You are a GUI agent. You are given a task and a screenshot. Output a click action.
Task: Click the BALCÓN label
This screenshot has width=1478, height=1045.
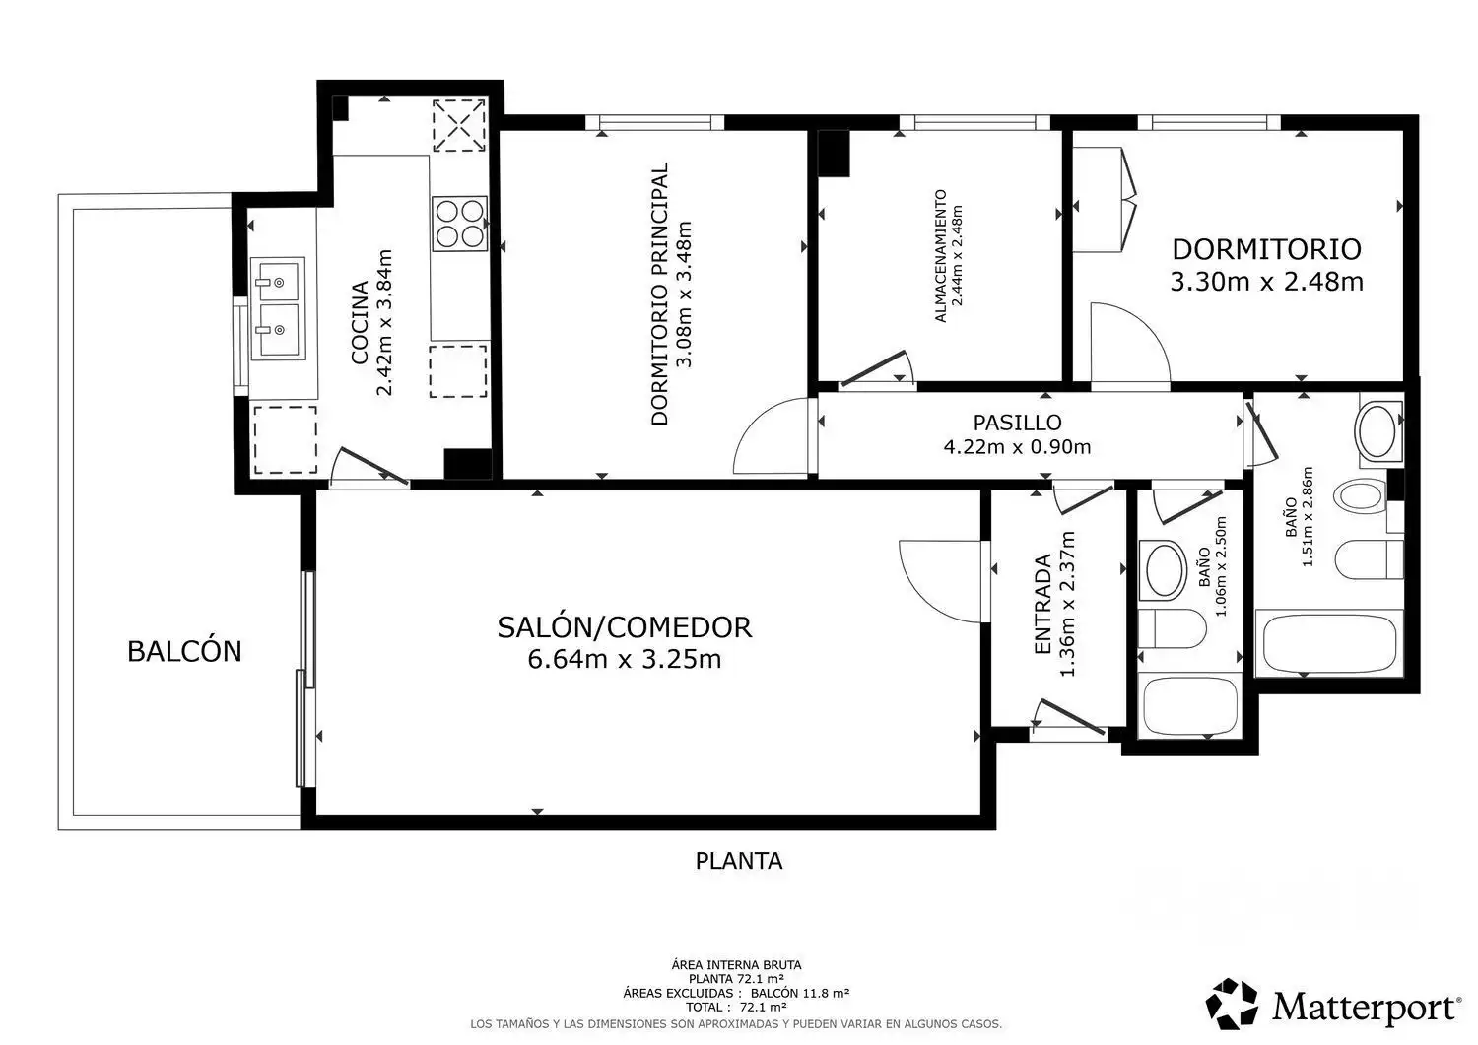[184, 651]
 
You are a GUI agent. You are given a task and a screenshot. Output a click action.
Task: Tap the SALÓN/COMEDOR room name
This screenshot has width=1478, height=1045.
[624, 626]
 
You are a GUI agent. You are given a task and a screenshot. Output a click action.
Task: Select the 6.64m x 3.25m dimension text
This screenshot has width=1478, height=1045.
[624, 659]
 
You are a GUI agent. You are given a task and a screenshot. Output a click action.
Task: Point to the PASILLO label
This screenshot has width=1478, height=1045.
[1018, 423]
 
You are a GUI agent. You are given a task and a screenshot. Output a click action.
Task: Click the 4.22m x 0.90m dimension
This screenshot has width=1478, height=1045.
[1018, 447]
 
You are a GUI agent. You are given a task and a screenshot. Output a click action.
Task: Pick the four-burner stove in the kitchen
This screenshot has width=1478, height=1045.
[460, 224]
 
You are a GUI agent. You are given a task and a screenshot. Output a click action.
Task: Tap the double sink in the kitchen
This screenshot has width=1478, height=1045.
[278, 308]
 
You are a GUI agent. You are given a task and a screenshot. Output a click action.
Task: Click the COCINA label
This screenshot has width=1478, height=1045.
[360, 323]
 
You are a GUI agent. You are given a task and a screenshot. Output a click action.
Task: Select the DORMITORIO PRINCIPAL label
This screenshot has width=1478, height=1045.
[660, 294]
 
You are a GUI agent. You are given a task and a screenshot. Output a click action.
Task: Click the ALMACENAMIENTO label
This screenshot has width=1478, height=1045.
[941, 256]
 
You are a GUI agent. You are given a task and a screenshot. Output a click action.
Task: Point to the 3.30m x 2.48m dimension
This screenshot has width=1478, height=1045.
[1267, 282]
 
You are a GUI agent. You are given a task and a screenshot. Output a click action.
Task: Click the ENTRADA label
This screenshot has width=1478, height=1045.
[1042, 604]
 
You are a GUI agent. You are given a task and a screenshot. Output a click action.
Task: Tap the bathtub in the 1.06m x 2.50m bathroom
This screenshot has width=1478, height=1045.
[1190, 706]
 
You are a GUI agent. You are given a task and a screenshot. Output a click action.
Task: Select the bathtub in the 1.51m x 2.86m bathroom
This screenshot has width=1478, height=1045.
[1329, 643]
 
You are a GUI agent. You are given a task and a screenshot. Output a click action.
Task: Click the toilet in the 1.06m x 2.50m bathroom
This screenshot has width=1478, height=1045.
[1173, 628]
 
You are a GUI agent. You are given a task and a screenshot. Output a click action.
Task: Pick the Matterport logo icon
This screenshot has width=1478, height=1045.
[1232, 1004]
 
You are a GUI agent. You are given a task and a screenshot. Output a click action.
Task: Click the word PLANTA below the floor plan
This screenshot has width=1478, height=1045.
[739, 861]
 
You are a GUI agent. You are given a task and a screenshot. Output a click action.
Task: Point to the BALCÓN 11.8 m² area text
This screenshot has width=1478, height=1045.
[800, 993]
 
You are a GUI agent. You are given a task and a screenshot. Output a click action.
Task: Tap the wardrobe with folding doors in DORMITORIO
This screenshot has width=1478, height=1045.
[1105, 200]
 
